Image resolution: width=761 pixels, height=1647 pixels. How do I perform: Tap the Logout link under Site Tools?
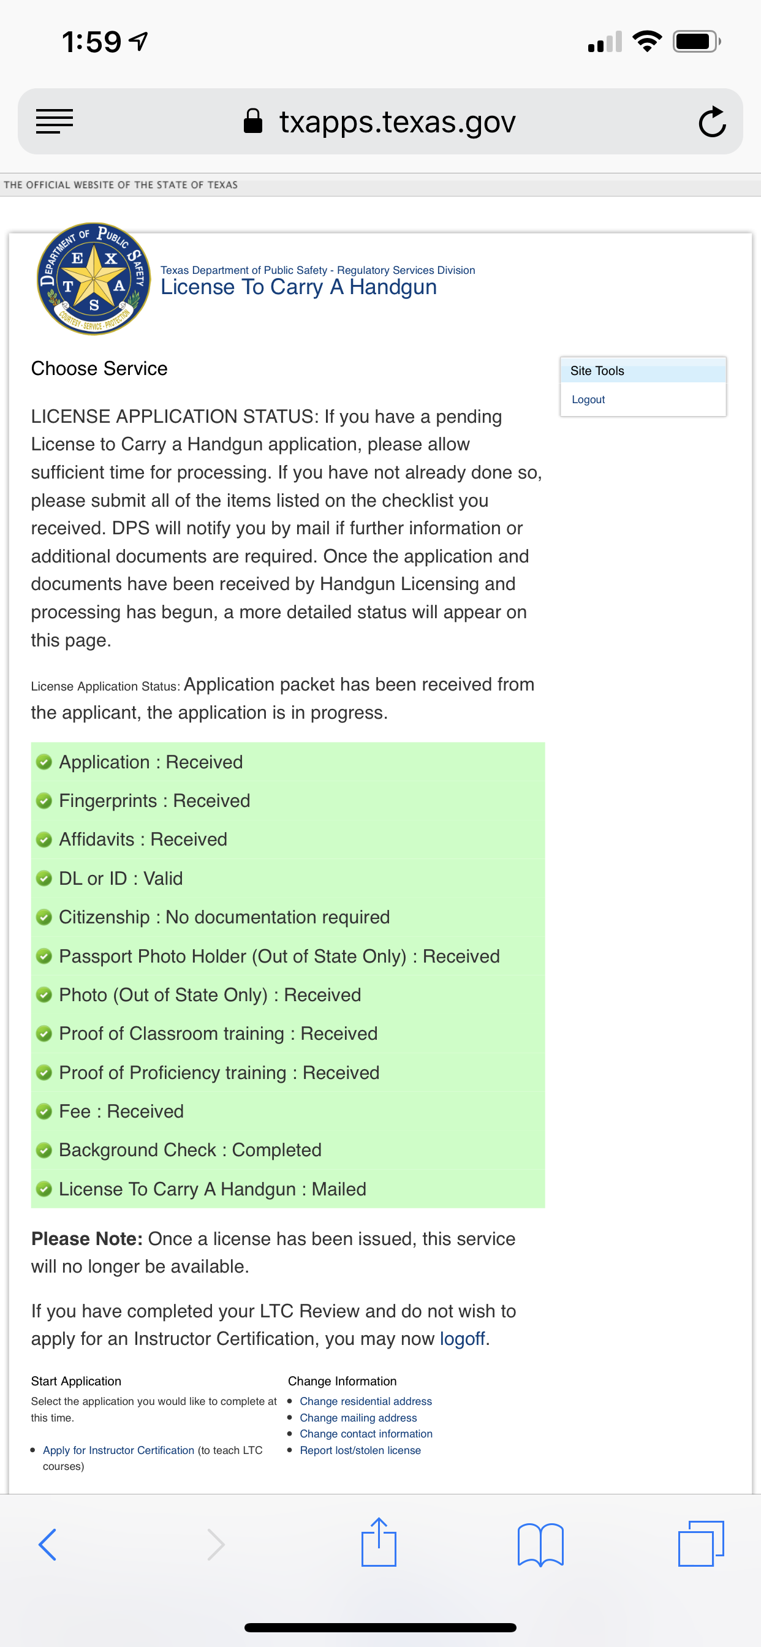coord(588,399)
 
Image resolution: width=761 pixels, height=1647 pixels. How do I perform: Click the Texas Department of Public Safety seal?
coord(94,279)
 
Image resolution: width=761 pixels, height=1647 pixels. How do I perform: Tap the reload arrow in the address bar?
coord(712,121)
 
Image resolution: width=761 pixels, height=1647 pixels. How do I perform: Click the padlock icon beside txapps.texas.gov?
coord(253,121)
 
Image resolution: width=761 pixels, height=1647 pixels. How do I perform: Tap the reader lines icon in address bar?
coord(55,121)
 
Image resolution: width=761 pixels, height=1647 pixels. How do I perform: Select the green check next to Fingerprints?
coord(44,801)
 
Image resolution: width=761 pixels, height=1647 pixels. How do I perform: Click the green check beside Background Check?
coord(44,1150)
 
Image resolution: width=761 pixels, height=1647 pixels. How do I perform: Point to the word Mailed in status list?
coord(339,1189)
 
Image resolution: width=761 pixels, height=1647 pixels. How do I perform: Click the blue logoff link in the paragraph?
coord(463,1339)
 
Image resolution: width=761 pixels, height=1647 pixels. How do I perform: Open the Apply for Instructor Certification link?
coord(118,1450)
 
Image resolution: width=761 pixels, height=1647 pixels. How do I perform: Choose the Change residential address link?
coord(366,1401)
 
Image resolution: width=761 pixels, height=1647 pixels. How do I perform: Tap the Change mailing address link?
coord(358,1417)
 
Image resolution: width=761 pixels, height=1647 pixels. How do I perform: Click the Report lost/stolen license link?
coord(360,1450)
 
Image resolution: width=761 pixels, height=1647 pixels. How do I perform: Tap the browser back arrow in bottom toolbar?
coord(48,1545)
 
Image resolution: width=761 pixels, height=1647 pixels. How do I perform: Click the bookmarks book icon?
coord(540,1545)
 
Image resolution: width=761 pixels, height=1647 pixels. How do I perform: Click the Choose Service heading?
coord(99,369)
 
